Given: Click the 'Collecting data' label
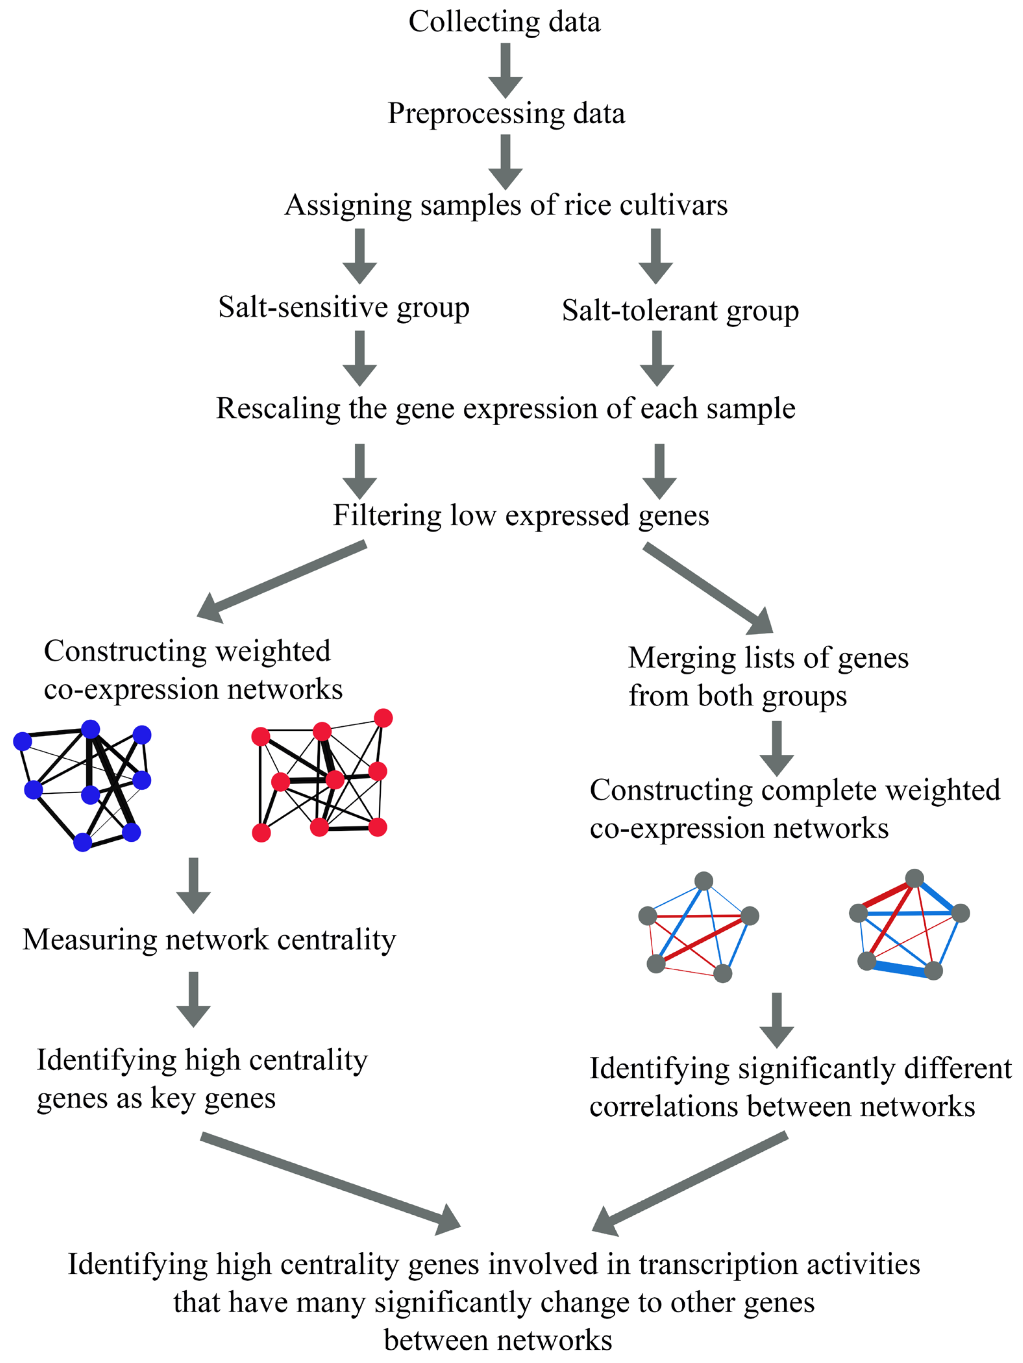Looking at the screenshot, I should point(504,21).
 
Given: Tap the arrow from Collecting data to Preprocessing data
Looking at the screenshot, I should point(505,69).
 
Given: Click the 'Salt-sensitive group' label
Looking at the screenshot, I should point(343,307).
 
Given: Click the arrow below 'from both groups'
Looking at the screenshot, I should point(776,748).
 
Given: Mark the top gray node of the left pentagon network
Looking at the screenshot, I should point(704,881).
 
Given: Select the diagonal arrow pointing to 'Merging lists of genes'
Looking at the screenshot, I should point(709,589).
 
